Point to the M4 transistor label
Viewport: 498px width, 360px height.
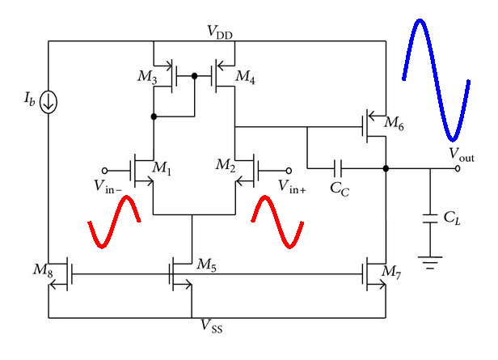click(x=246, y=77)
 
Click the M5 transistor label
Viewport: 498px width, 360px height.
click(x=207, y=264)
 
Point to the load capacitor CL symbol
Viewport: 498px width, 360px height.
click(x=428, y=218)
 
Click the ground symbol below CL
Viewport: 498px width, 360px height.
click(x=428, y=260)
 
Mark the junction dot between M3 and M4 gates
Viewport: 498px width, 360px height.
click(x=195, y=77)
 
